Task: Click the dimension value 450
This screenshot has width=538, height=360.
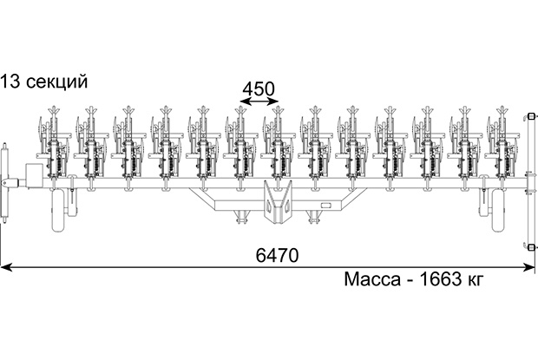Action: click(x=259, y=89)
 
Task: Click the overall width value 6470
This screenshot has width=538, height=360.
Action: click(x=277, y=255)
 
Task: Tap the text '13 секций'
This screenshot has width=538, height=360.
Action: click(x=44, y=82)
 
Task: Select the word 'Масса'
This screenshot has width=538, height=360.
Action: click(x=372, y=279)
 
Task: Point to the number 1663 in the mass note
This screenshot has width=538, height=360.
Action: click(x=441, y=279)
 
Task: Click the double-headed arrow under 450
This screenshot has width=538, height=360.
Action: click(x=259, y=101)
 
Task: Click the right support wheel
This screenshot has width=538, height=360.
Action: click(x=499, y=210)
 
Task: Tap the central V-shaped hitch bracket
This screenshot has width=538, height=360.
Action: click(x=278, y=202)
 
